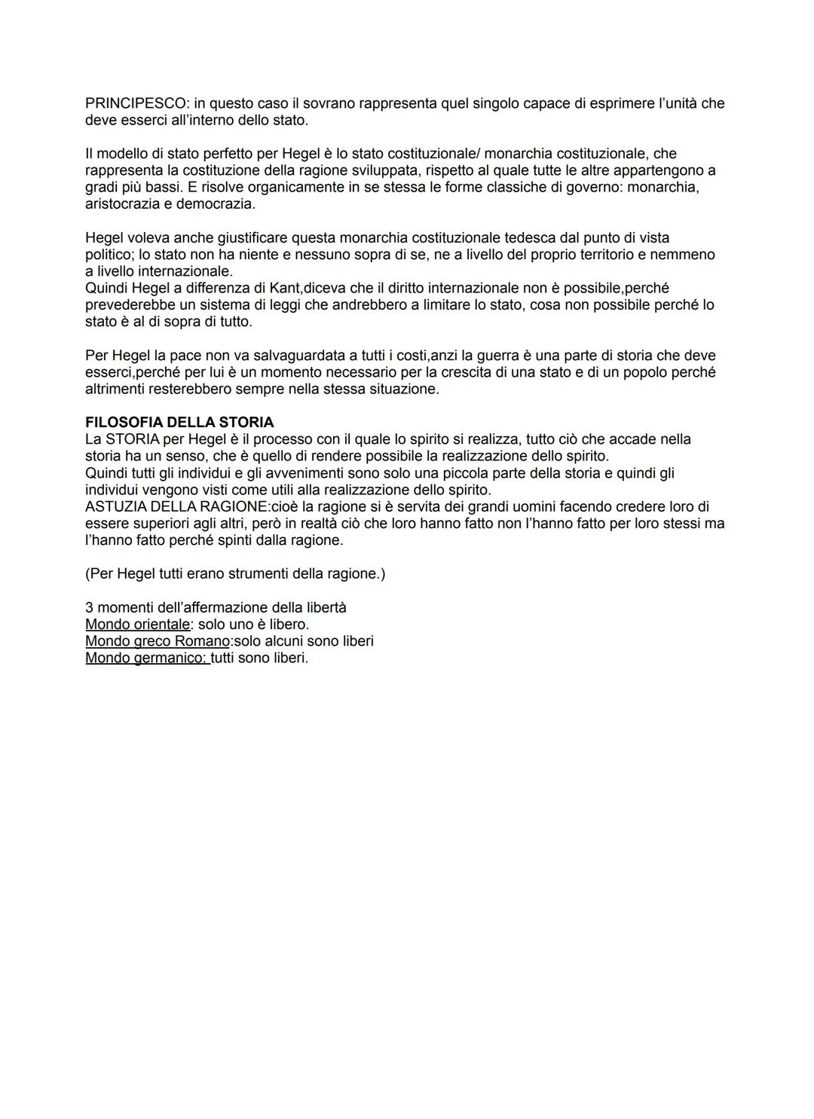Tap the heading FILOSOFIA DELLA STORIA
[179, 422]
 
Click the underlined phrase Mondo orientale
[137, 624]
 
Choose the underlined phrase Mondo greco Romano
[158, 641]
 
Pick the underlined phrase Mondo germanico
[146, 658]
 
